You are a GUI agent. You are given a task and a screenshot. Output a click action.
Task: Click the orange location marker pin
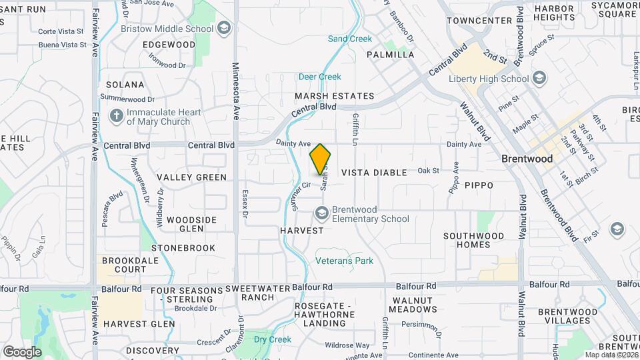click(321, 159)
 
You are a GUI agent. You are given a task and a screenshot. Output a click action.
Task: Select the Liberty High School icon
click(540, 79)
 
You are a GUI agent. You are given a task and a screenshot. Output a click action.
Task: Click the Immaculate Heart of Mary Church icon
click(117, 116)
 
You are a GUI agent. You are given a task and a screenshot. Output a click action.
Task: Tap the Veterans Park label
click(344, 261)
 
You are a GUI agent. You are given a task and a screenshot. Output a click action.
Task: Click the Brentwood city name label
click(527, 159)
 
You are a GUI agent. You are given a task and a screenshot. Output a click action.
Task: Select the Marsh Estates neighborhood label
click(335, 96)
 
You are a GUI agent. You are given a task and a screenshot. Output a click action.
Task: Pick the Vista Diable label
click(374, 173)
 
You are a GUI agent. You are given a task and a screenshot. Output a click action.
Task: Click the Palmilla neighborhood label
click(390, 55)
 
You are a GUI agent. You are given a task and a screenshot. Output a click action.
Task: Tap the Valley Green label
click(192, 177)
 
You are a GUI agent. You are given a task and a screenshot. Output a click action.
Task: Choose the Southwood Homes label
click(474, 240)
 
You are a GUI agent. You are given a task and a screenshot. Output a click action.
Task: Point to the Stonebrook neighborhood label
click(183, 248)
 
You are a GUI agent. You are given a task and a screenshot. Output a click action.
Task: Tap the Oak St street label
click(428, 171)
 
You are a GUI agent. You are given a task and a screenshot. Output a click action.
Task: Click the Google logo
click(22, 351)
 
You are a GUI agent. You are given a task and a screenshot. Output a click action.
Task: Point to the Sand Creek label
click(350, 39)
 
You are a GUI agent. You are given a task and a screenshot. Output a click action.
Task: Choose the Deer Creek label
click(320, 77)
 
